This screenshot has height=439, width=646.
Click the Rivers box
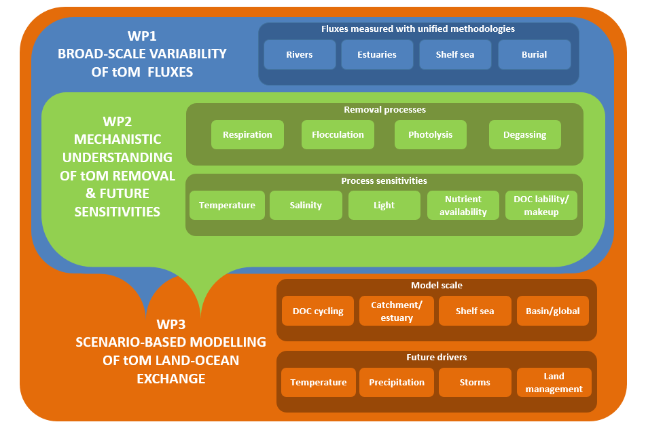[x=300, y=54]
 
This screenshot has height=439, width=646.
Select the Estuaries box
[x=377, y=54]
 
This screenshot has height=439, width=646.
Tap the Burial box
[x=535, y=54]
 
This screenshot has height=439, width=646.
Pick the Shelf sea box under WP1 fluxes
[x=455, y=54]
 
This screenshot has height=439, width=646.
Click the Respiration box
[x=248, y=134]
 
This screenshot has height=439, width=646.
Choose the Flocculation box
[x=338, y=134]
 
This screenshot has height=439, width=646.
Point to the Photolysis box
[x=431, y=134]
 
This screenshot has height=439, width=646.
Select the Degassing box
[x=525, y=134]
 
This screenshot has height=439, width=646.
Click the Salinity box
[x=306, y=205]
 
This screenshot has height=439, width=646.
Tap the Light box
[x=384, y=205]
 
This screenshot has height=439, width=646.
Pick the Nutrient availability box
[x=463, y=205]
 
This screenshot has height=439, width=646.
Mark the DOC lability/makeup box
[x=541, y=205]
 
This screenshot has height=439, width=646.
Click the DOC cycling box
[x=318, y=311]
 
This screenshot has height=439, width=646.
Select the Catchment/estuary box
[x=397, y=311]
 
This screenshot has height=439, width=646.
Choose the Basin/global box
[x=553, y=311]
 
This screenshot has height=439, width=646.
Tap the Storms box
[x=475, y=382]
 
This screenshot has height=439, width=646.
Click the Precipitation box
[x=397, y=382]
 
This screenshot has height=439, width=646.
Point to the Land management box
[x=554, y=382]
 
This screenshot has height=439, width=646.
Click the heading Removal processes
[x=384, y=109]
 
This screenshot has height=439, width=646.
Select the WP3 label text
[x=171, y=324]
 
